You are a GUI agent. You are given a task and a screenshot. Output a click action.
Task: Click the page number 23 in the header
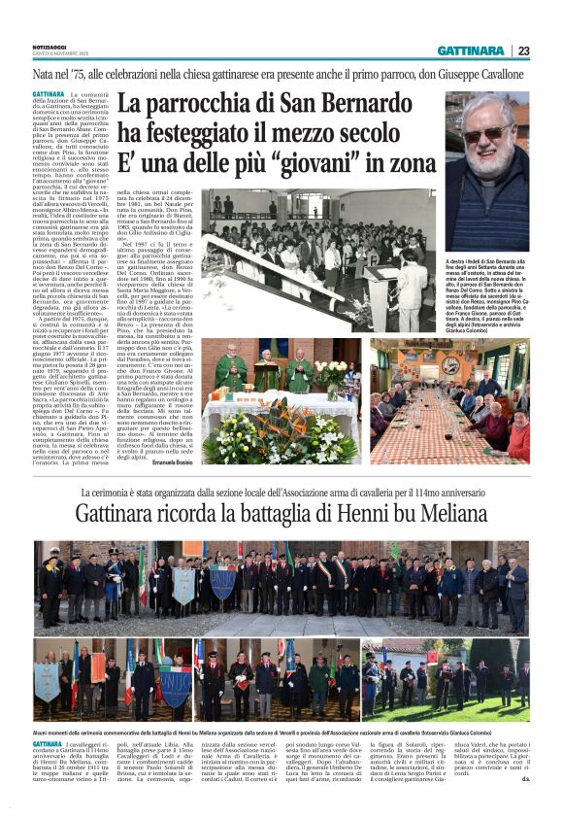[523, 51]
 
